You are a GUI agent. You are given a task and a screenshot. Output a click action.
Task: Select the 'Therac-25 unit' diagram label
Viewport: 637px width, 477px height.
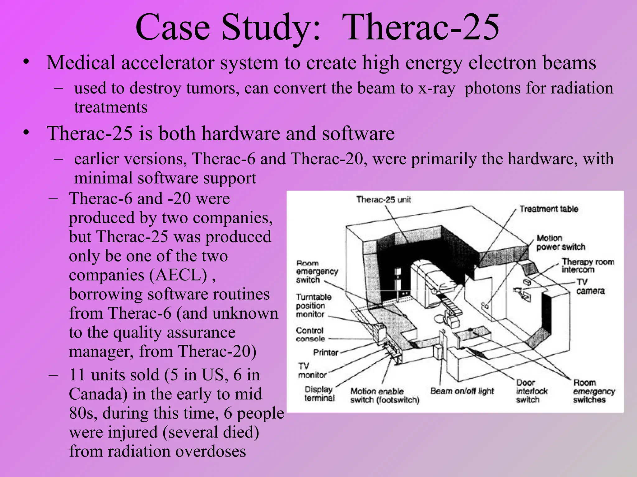click(x=384, y=200)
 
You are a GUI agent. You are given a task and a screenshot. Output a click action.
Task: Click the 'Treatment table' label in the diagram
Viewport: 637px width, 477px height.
click(x=549, y=209)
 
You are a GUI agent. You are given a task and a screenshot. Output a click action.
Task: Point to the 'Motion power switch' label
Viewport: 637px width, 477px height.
click(x=560, y=243)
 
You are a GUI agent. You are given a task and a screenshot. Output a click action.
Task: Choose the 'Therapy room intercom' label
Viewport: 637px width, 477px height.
click(x=588, y=266)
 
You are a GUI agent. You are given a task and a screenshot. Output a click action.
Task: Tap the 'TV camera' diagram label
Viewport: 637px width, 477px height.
click(x=590, y=287)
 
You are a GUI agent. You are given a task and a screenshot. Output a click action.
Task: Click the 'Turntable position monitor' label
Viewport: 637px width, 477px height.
click(x=313, y=306)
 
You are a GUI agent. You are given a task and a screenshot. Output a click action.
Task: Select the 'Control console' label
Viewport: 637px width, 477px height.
click(x=310, y=334)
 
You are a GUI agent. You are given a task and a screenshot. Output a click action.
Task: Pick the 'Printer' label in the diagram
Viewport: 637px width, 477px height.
click(x=325, y=352)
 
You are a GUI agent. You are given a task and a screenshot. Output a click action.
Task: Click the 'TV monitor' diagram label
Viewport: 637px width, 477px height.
click(x=312, y=371)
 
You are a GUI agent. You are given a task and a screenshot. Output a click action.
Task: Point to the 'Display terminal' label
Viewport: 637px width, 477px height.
click(x=319, y=393)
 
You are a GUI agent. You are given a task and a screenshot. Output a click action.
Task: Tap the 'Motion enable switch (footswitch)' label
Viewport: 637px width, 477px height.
click(x=385, y=396)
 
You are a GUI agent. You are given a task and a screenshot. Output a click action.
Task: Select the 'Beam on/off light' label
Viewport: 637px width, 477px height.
click(x=462, y=391)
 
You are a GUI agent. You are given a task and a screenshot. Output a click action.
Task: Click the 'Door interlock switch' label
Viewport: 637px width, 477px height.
click(x=531, y=391)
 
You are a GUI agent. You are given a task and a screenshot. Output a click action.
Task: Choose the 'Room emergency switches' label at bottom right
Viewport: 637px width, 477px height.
click(x=594, y=391)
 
